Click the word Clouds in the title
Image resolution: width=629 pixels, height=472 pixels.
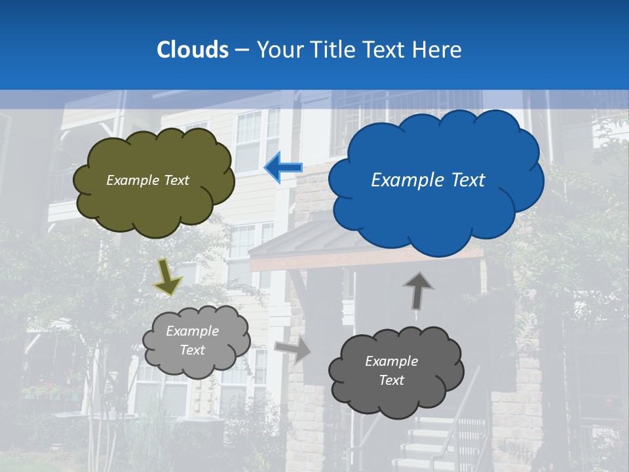pyautogui.click(x=193, y=50)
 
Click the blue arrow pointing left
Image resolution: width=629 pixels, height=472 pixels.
pyautogui.click(x=282, y=168)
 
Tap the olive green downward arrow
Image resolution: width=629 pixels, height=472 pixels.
pyautogui.click(x=168, y=276)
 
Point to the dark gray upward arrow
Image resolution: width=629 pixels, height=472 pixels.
pyautogui.click(x=417, y=290)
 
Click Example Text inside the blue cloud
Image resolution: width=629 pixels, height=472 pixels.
pyautogui.click(x=428, y=180)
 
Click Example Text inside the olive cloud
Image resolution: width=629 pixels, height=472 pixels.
pyautogui.click(x=147, y=180)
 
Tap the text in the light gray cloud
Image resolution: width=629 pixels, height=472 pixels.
pyautogui.click(x=193, y=341)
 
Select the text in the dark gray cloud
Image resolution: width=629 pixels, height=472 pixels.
pyautogui.click(x=391, y=371)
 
